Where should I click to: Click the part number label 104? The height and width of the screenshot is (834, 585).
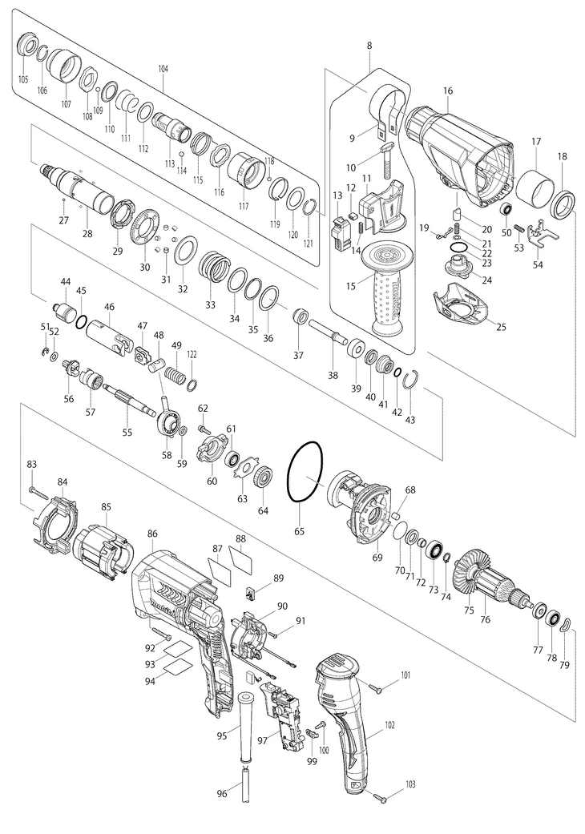163,70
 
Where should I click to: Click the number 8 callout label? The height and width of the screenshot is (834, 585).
369,46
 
